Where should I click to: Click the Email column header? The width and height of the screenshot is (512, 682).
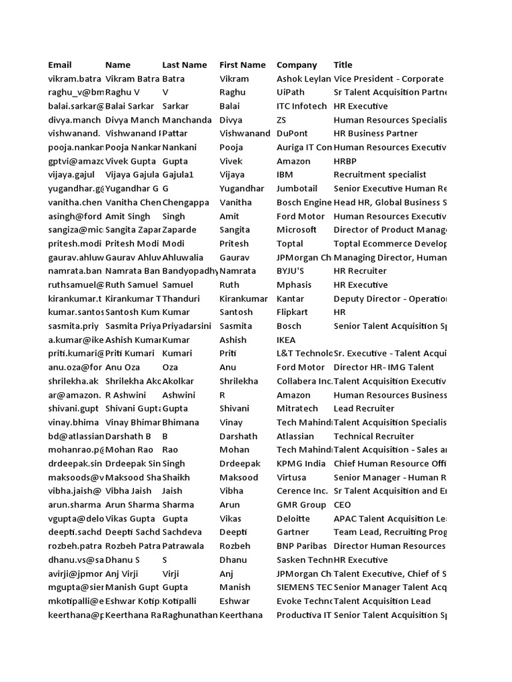[x=60, y=65]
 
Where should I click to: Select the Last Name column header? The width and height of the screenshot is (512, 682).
[x=185, y=65]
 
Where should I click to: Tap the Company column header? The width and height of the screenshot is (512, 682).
[x=297, y=65]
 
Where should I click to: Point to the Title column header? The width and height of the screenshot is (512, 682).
[x=343, y=65]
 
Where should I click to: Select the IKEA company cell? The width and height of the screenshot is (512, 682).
[x=288, y=340]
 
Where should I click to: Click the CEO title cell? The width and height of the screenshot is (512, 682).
[x=343, y=505]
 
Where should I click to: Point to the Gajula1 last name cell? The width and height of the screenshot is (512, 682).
[x=178, y=174]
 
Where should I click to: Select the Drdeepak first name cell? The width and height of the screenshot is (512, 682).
[x=239, y=464]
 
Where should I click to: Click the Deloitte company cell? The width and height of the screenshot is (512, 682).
[x=293, y=518]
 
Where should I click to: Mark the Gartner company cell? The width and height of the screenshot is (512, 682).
[x=293, y=532]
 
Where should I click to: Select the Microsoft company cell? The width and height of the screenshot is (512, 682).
[x=297, y=230]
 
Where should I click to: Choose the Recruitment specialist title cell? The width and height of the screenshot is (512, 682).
[x=379, y=174]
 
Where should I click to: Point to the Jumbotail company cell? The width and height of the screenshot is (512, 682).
[x=297, y=188]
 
